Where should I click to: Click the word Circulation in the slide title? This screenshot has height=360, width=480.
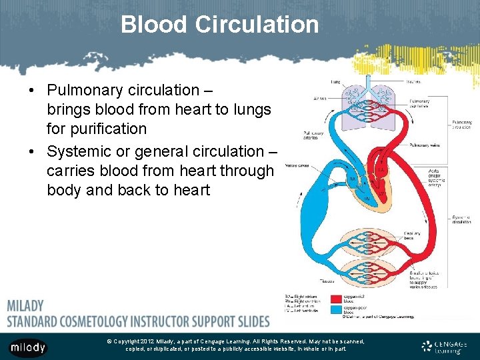(x=257, y=25)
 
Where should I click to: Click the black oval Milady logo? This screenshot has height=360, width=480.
(x=27, y=347)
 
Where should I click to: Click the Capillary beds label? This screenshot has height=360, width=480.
(x=412, y=235)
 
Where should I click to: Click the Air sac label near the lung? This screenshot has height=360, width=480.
(x=320, y=99)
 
